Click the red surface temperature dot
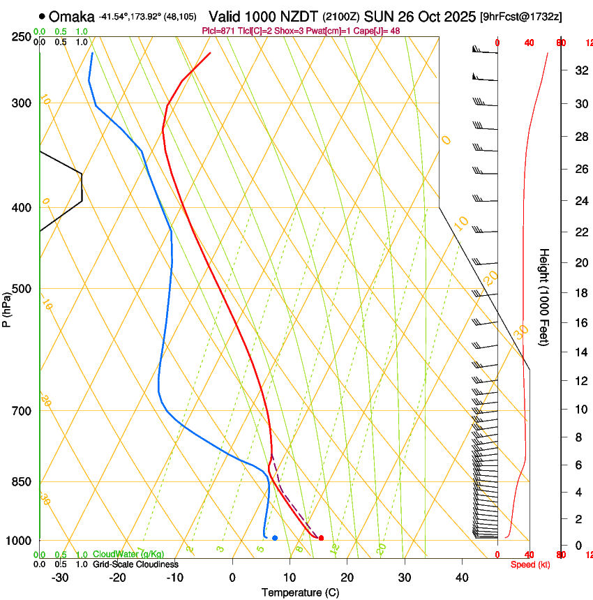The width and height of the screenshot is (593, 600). tap(321, 538)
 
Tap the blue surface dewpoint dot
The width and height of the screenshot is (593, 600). tap(275, 538)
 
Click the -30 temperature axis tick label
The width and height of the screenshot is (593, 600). tap(60, 578)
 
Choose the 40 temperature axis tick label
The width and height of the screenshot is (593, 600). tap(462, 578)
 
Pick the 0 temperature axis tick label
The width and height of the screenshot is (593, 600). tap(232, 578)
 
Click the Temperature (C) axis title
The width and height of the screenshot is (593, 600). tap(300, 592)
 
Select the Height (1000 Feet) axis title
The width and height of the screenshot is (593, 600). tap(544, 297)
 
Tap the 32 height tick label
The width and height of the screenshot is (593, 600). tap(580, 70)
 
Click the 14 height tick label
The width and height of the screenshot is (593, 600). tap(580, 352)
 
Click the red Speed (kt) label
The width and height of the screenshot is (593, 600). tap(530, 564)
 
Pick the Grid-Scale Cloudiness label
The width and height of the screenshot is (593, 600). tap(135, 564)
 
